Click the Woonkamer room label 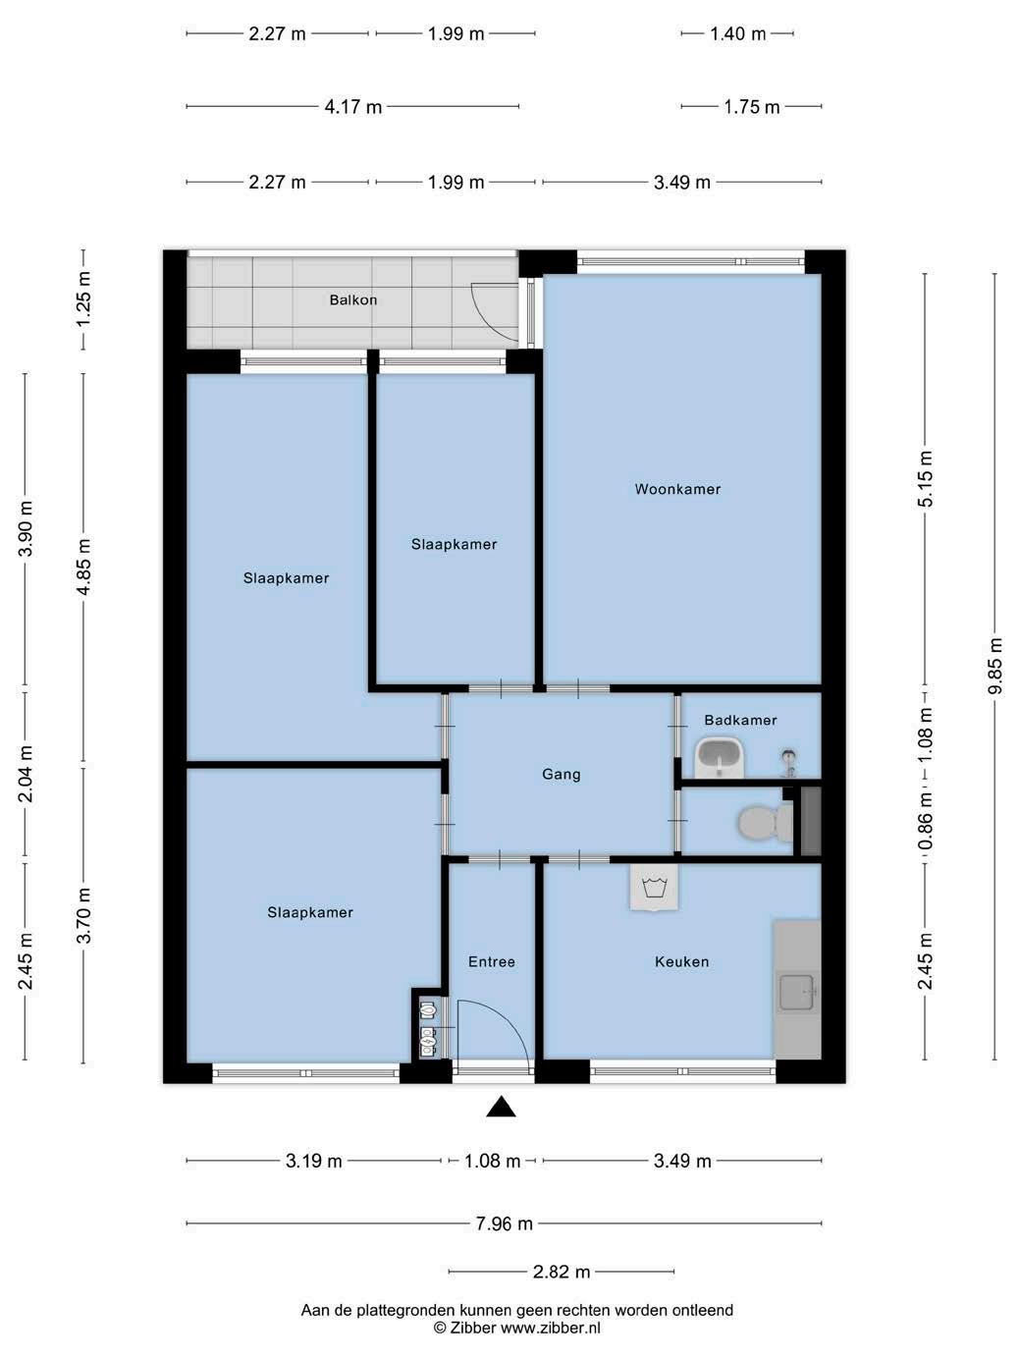[x=677, y=489]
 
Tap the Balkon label [x=352, y=299]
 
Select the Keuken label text [x=682, y=961]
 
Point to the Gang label [x=562, y=775]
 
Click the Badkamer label [x=740, y=720]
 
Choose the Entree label [x=491, y=961]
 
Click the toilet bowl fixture [x=766, y=823]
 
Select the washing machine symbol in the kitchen [x=654, y=889]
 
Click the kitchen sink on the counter [x=797, y=992]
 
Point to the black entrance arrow [x=501, y=1107]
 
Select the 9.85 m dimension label [x=994, y=666]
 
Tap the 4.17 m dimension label [x=352, y=107]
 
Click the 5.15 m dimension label [x=925, y=479]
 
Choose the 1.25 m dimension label [x=82, y=299]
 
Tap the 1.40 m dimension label [x=737, y=34]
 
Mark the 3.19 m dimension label [x=314, y=1161]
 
